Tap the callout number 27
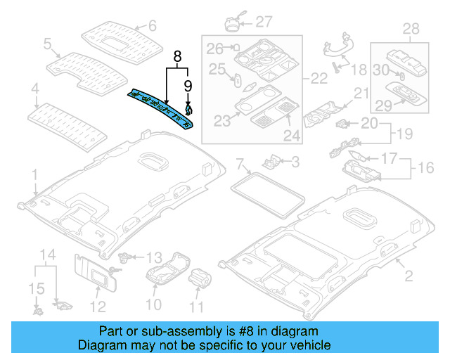pyautogui.click(x=264, y=20)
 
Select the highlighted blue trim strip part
pyautogui.click(x=160, y=108)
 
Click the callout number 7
pyautogui.click(x=240, y=165)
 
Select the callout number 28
pyautogui.click(x=411, y=29)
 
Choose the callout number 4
pyautogui.click(x=34, y=89)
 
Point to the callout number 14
pyautogui.click(x=46, y=254)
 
